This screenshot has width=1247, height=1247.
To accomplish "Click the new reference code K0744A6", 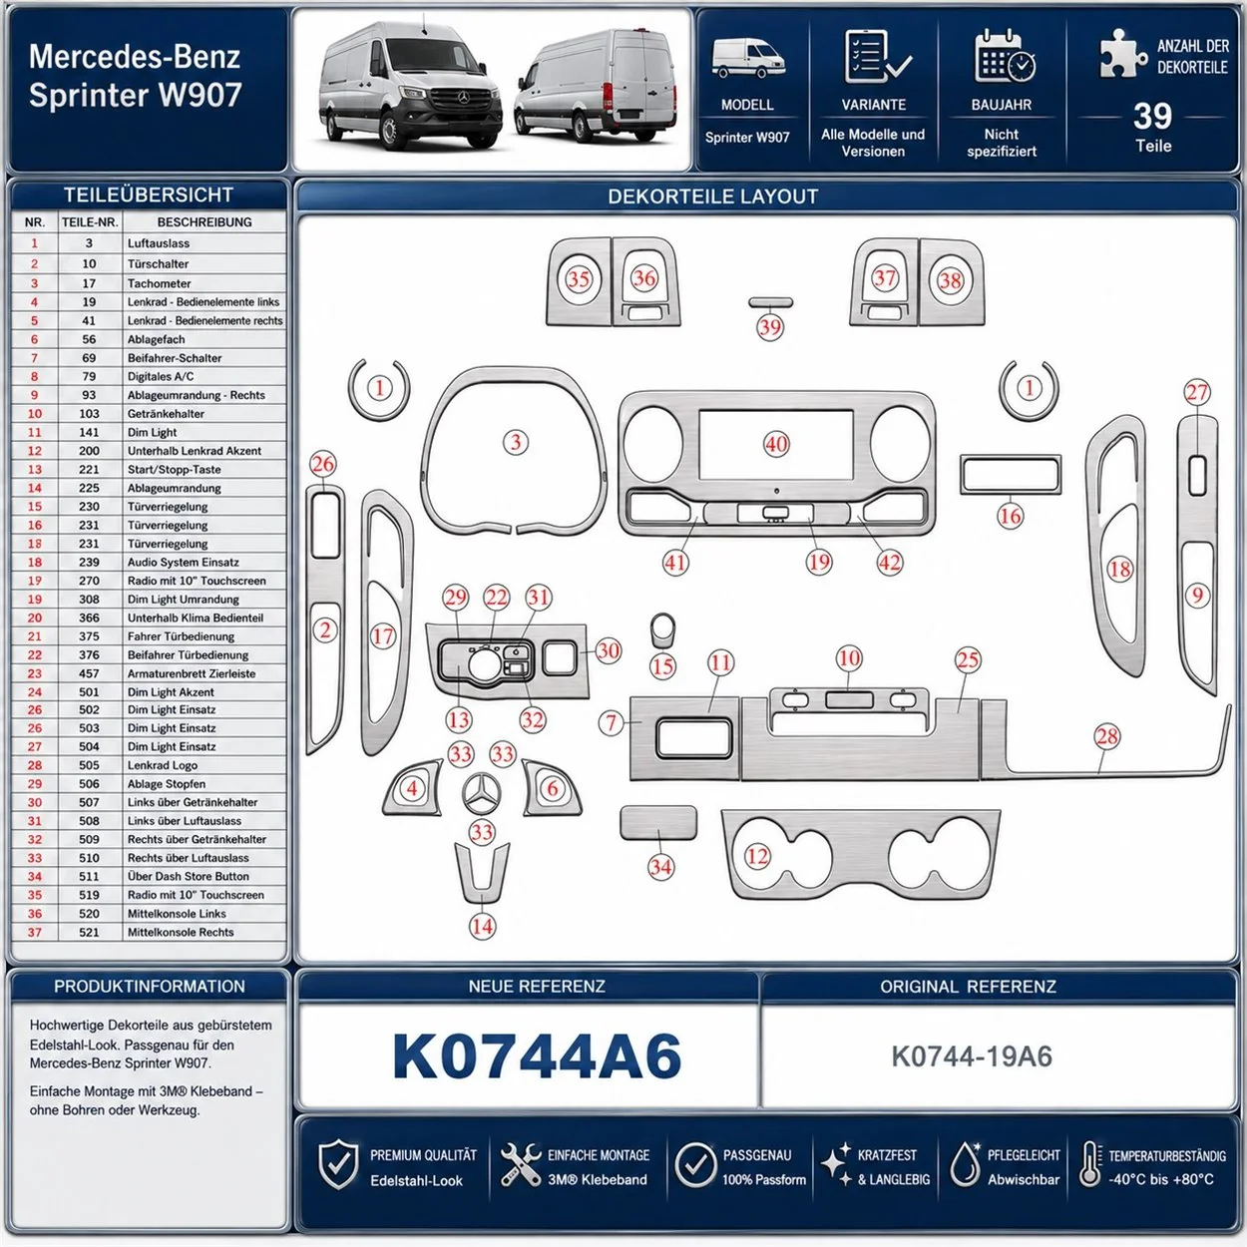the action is (537, 1056).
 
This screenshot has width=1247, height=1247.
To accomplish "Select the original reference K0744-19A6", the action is (972, 1056).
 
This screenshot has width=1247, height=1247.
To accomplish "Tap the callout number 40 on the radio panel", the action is (776, 444).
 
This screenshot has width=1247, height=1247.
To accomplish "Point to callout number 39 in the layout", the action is (769, 327).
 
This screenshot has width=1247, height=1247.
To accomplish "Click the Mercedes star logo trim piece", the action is (482, 793).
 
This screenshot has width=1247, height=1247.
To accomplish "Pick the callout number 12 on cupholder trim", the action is (758, 856).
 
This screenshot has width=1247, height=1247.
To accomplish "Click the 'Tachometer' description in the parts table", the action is (160, 283).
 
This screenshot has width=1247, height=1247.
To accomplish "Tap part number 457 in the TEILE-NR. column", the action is (89, 673).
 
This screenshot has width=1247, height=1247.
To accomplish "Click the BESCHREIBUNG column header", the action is (205, 221).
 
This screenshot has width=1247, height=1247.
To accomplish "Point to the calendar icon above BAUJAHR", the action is (1005, 56).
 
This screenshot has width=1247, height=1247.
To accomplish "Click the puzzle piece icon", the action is (1122, 53).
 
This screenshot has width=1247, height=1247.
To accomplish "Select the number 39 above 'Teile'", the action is (1152, 117).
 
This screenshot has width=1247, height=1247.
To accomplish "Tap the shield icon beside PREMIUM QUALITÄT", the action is (338, 1165).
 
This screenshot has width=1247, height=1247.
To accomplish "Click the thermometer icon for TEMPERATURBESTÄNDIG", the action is (1090, 1164).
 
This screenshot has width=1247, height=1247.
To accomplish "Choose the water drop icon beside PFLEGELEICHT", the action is (965, 1164).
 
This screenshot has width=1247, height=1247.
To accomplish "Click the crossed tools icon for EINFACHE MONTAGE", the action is (521, 1165).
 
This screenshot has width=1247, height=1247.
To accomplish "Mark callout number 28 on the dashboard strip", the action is (1106, 736).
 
